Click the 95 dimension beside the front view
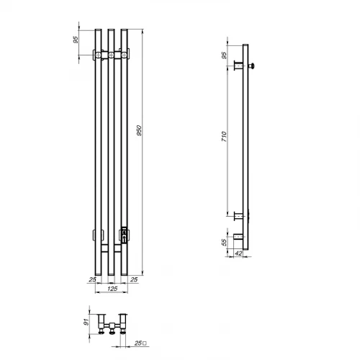77,40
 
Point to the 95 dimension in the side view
225,55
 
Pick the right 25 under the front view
135,279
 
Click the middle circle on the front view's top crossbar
112,54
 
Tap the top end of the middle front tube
112,30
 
